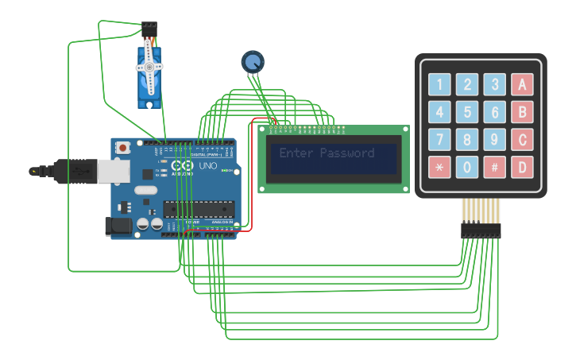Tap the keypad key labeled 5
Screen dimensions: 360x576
pos(467,112)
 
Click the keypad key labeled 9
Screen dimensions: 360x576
pos(494,140)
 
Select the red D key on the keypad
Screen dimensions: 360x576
pos(522,168)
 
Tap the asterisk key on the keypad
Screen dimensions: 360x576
pos(439,168)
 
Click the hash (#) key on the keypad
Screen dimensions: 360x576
pos(494,168)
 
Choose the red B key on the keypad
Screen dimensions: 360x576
pos(522,112)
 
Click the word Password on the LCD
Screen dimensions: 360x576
pos(346,153)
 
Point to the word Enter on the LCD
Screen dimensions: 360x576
pos(296,153)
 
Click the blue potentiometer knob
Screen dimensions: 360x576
pos(252,61)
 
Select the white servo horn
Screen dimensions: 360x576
pos(149,68)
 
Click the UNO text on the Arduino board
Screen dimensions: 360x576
pos(207,166)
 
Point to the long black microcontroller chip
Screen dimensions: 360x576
pos(199,209)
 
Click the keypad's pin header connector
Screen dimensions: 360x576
pos(481,230)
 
